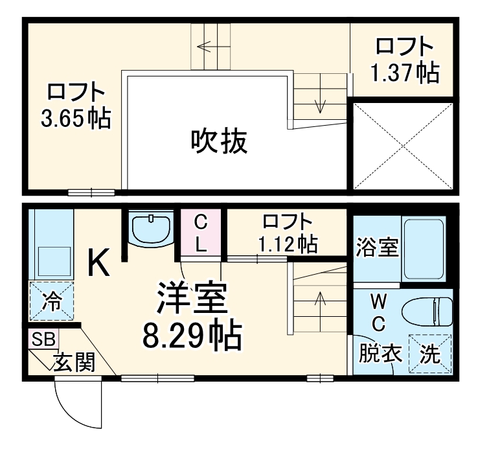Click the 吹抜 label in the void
pos(219,141)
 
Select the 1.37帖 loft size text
pos(404,72)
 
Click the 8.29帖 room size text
pos(192,335)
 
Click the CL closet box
pos(201,234)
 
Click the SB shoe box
pos(43,339)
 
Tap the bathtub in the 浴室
pos(423,248)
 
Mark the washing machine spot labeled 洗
pos(428,354)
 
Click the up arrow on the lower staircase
pos(319,299)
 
